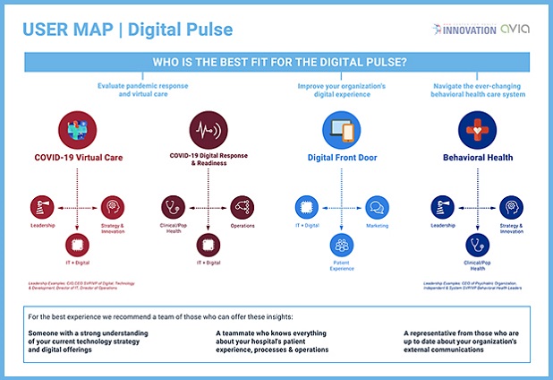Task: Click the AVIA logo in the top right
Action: pyautogui.click(x=516, y=29)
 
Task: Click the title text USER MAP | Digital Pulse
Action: pyautogui.click(x=127, y=30)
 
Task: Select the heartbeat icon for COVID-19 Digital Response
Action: pyautogui.click(x=208, y=129)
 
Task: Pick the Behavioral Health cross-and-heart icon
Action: pyautogui.click(x=476, y=129)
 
